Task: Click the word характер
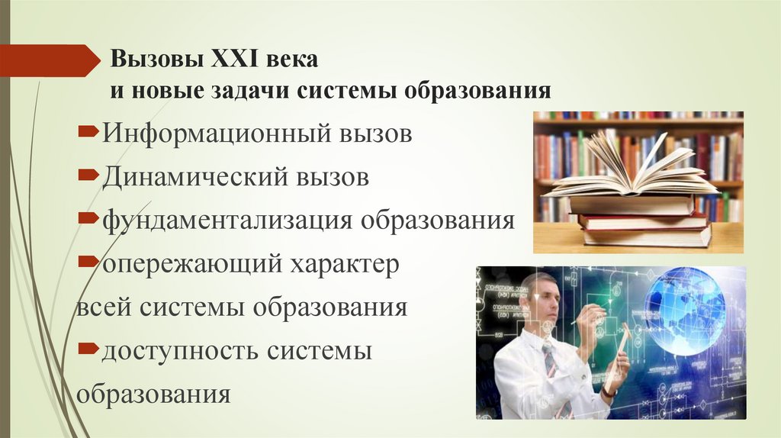coord(341,265)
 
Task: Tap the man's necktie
coord(551,362)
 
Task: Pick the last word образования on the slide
coord(153,395)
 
